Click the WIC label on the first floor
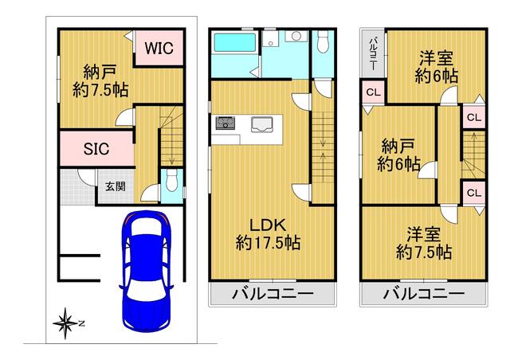(159, 48)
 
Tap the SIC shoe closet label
(96, 149)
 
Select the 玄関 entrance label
(116, 186)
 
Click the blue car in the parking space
(146, 272)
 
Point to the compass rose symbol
(66, 323)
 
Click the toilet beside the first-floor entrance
(171, 181)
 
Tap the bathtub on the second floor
(233, 44)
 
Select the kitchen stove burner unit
(225, 123)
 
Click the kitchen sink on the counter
(262, 124)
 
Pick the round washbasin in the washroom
(296, 36)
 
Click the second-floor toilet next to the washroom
(323, 41)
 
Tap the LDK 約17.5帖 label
(268, 234)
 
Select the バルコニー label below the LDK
(273, 294)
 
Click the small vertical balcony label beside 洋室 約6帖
(374, 53)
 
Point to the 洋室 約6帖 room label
(436, 68)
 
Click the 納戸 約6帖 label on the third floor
(398, 155)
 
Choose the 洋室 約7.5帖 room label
(424, 243)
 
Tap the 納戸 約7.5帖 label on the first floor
(100, 81)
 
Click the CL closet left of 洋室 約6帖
(373, 92)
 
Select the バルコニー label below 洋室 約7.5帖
(424, 294)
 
